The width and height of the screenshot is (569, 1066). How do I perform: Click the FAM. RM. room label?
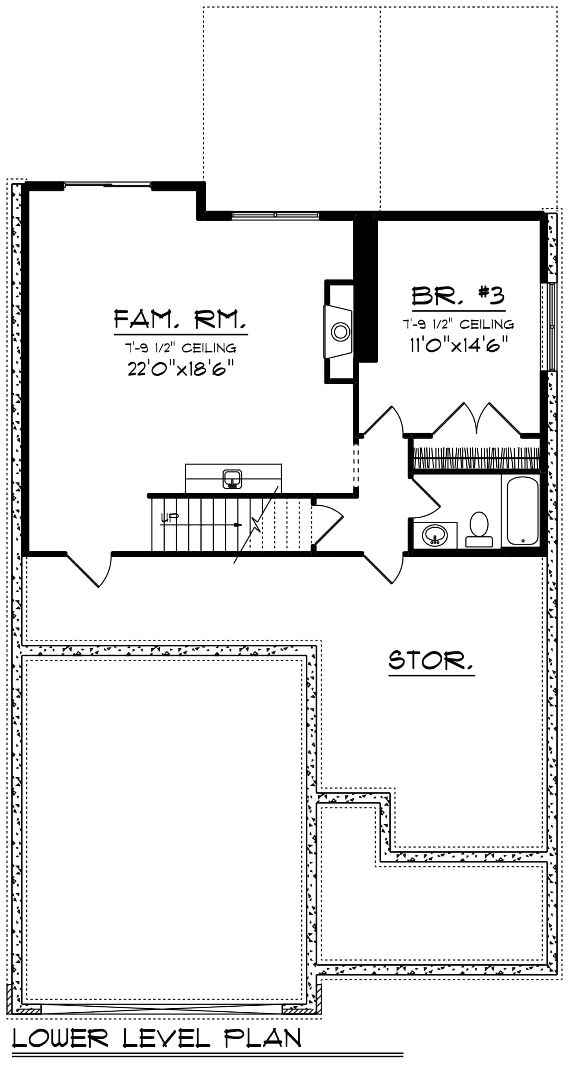click(x=180, y=319)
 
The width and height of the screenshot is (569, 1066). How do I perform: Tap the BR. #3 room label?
click(x=458, y=295)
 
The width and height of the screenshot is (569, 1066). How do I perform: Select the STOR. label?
click(x=431, y=661)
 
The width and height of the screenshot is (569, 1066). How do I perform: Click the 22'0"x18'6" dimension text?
click(x=181, y=367)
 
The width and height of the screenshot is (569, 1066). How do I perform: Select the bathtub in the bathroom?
click(x=522, y=511)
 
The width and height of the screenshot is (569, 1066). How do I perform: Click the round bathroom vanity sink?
click(x=435, y=536)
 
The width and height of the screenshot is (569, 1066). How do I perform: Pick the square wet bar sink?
click(x=233, y=479)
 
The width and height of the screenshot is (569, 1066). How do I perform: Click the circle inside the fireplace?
click(x=341, y=332)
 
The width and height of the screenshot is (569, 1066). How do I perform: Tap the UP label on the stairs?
click(x=169, y=517)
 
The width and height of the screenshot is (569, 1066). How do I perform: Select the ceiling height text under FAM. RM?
click(x=181, y=348)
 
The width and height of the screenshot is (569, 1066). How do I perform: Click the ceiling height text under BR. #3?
click(x=459, y=325)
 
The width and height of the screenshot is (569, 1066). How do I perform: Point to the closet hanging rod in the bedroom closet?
click(x=476, y=458)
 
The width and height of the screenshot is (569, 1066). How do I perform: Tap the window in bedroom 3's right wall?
click(x=551, y=326)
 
